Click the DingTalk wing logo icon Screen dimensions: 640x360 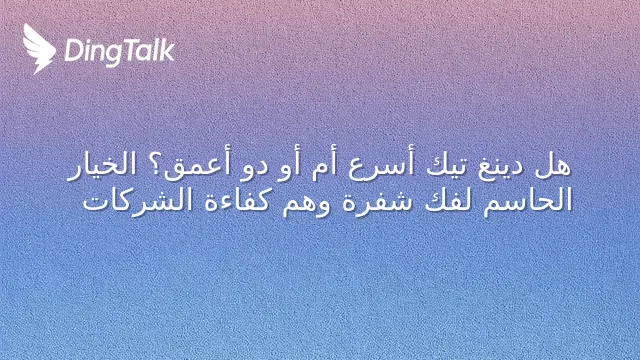coord(39,49)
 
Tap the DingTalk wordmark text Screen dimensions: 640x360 coord(120,52)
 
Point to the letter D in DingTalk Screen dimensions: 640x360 coord(73,50)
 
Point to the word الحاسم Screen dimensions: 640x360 coord(528,201)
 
